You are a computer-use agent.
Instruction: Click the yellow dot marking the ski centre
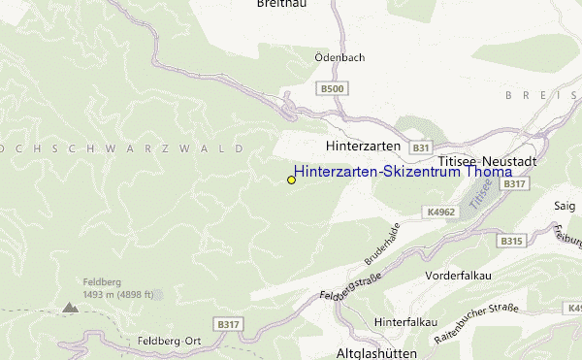(291, 180)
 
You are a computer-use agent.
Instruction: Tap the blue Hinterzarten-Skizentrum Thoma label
(403, 172)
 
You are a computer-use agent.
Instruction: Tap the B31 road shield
(420, 147)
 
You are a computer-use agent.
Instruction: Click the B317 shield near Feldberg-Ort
(228, 324)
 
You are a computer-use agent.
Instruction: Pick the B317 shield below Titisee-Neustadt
(515, 183)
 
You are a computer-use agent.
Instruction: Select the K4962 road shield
(439, 211)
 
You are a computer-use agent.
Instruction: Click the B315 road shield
(511, 240)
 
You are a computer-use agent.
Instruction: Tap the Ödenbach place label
(339, 57)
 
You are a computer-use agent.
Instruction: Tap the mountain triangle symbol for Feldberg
(69, 307)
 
